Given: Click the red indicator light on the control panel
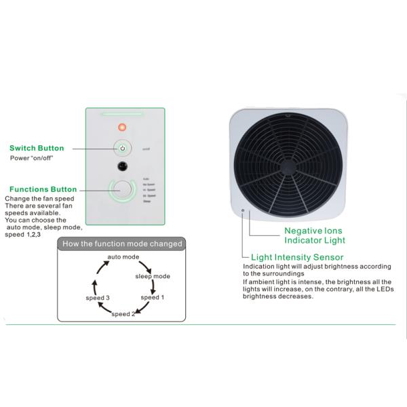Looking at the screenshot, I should (x=122, y=127).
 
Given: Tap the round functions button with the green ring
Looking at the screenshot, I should (x=123, y=190).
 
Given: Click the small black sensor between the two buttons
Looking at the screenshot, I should (x=122, y=166).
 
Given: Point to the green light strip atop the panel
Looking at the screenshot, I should (x=122, y=114).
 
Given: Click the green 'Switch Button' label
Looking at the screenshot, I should (x=37, y=148).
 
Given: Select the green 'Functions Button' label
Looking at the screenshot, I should (x=43, y=189).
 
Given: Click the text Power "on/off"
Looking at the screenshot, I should (x=32, y=158).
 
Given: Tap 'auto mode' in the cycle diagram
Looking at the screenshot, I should (x=123, y=258).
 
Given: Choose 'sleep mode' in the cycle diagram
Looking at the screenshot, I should (x=153, y=277).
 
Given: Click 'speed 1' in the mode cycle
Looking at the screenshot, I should (x=151, y=297).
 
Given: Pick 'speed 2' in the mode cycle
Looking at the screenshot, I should (x=123, y=314).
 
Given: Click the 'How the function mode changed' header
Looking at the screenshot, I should (x=122, y=244).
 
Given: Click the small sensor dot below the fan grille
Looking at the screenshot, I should (x=242, y=210).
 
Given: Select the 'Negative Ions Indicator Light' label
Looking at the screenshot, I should (x=314, y=235).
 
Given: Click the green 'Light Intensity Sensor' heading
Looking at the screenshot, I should (x=297, y=257).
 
